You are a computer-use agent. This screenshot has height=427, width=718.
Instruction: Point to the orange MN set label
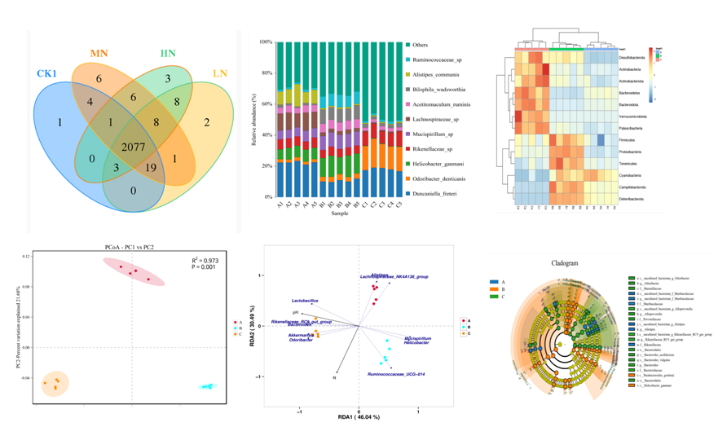pos(98,53)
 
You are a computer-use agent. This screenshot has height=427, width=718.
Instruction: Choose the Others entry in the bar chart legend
pos(419,45)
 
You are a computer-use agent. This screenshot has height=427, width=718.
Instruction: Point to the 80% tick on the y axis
pos(265,73)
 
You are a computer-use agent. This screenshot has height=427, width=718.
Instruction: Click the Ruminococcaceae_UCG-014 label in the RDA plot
pos(397,374)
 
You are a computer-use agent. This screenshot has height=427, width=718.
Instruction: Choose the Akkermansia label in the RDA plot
pos(303,335)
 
